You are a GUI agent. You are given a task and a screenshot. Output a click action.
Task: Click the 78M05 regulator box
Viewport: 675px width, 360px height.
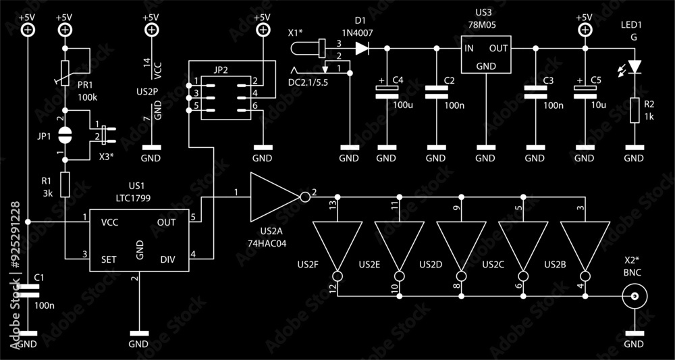click(x=486, y=55)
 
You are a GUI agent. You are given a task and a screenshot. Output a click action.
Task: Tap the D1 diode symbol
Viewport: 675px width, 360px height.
click(x=362, y=48)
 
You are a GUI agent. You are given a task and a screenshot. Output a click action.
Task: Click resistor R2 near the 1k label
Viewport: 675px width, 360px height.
click(x=634, y=110)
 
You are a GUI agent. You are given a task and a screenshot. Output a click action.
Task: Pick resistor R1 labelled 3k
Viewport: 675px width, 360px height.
click(x=65, y=184)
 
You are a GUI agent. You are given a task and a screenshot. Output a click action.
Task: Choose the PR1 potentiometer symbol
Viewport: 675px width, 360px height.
click(x=65, y=73)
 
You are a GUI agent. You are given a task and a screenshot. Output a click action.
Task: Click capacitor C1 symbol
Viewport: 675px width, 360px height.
click(x=28, y=290)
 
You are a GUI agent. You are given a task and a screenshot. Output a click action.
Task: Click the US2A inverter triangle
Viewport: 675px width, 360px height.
click(x=274, y=197)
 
